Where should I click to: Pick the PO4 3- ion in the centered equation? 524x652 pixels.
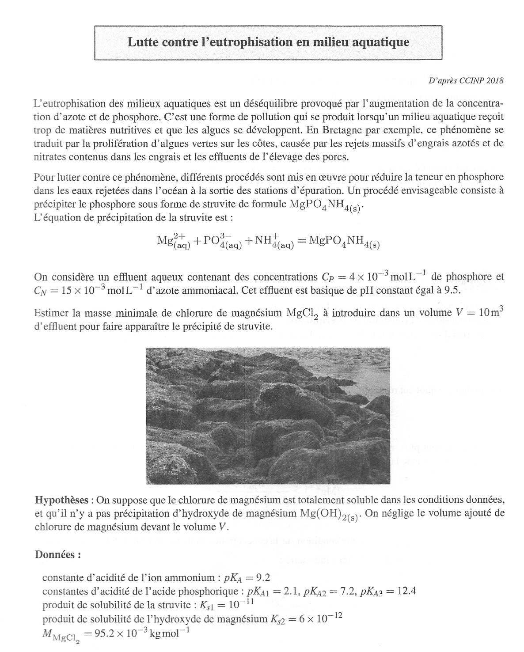pos(223,242)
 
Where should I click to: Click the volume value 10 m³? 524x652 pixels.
pos(490,313)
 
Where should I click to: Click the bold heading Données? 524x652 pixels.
pos(57,555)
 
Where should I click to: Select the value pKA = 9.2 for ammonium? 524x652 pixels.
pos(253,578)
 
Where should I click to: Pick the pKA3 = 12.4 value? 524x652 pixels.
pos(388,591)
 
